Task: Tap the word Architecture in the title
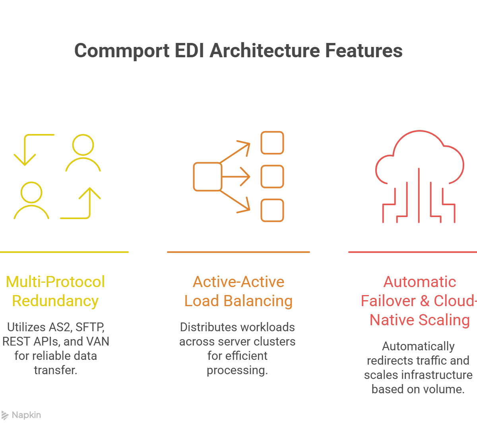click(x=264, y=51)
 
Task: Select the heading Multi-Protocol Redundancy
click(x=55, y=291)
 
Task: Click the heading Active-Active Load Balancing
click(x=238, y=291)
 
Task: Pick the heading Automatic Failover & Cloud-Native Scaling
click(x=420, y=301)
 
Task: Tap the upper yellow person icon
click(x=83, y=153)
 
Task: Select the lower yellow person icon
click(x=31, y=200)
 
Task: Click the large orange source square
click(x=207, y=177)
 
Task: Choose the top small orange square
click(x=272, y=143)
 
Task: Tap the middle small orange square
click(x=272, y=177)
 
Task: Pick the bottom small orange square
click(x=272, y=210)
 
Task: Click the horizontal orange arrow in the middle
click(x=236, y=177)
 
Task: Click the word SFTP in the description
click(x=89, y=327)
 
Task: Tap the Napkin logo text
click(x=26, y=415)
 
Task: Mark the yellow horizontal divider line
click(x=64, y=252)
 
